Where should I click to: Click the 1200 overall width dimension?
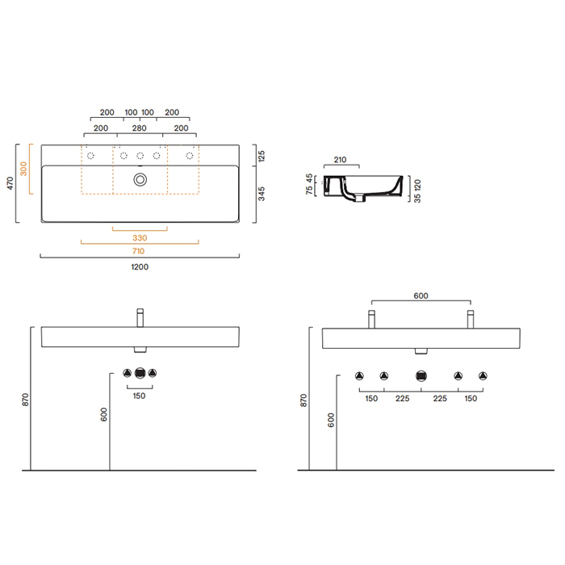tap(140, 266)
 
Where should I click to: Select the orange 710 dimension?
tap(140, 251)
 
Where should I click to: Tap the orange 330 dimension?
tap(140, 237)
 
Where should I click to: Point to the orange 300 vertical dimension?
tap(24, 169)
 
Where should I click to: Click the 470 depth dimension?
tap(10, 183)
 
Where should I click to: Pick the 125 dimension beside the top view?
tap(262, 155)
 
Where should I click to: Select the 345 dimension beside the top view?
tap(262, 195)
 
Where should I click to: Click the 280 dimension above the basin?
tap(140, 128)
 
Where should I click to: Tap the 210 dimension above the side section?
tap(340, 160)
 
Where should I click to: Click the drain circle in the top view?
tap(140, 178)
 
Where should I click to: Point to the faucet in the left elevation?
tap(140, 316)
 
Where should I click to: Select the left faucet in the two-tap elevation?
tap(371, 318)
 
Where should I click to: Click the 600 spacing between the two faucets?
tap(421, 296)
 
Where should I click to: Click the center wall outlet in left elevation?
tap(140, 373)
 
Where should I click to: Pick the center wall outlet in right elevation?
tap(421, 375)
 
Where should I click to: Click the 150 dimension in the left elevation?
tap(140, 395)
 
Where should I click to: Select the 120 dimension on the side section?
tap(417, 184)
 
